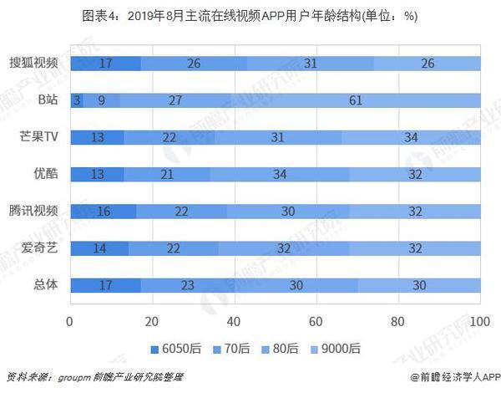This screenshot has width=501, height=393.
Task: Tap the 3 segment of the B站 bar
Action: [x=77, y=100]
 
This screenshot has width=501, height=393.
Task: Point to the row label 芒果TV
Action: [x=38, y=137]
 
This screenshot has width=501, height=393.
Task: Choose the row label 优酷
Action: [x=45, y=174]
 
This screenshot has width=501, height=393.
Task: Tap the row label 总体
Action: [x=45, y=284]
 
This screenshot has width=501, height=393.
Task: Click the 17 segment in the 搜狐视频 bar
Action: [x=105, y=63]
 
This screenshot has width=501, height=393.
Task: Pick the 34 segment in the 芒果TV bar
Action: [x=411, y=137]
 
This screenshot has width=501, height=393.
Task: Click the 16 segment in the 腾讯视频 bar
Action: [x=104, y=211]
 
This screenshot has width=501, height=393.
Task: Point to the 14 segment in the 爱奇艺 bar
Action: [x=99, y=248]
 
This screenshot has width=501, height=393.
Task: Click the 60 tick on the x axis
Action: [x=316, y=321]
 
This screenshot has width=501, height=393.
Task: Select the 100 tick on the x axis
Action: [x=479, y=321]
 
